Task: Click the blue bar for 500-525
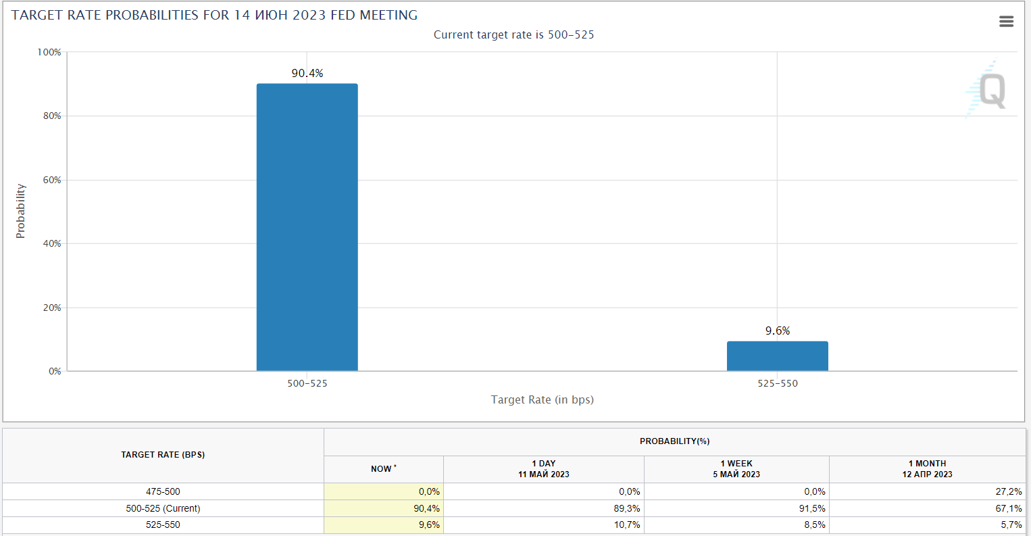[x=307, y=227]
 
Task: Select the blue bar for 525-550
[x=777, y=356]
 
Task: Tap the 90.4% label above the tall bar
[x=307, y=73]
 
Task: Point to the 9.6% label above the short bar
[x=777, y=331]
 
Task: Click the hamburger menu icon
[x=1006, y=22]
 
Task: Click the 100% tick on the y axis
[x=49, y=52]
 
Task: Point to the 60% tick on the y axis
[x=52, y=180]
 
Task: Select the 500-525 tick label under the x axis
[x=307, y=383]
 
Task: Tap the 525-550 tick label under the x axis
[x=777, y=383]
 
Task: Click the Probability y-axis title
[x=21, y=211]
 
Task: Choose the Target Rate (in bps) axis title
[x=542, y=399]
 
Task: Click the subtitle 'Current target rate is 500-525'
[x=513, y=34]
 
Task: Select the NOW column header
[x=383, y=469]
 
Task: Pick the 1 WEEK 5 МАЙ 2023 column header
[x=736, y=469]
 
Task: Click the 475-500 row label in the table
[x=163, y=491]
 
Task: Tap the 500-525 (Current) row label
[x=163, y=508]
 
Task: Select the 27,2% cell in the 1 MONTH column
[x=1009, y=491]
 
